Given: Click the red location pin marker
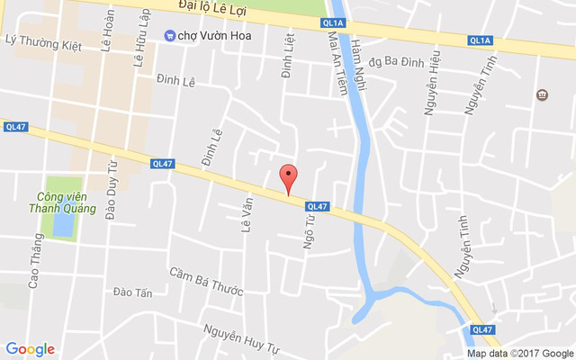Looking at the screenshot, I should point(288,178).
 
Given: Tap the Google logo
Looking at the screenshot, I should point(30,349).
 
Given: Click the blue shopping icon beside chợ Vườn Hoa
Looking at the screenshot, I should point(169,35).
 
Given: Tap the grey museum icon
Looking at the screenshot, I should point(543,95).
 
